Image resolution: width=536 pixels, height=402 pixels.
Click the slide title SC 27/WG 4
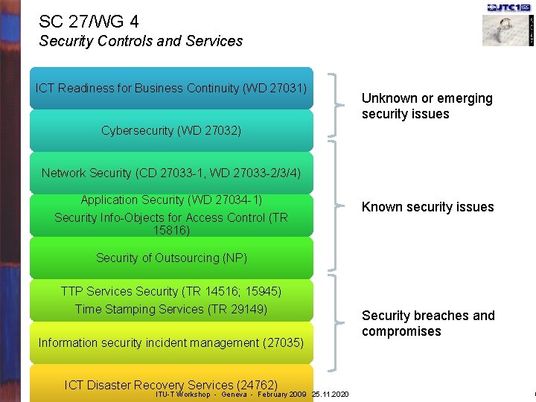tap(89, 22)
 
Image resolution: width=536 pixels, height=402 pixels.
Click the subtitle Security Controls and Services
tap(141, 41)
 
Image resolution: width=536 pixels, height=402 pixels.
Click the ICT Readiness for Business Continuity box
tap(171, 88)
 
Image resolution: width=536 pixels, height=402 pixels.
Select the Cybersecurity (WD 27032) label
tap(171, 131)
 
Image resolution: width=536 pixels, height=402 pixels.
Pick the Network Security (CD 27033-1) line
tap(171, 173)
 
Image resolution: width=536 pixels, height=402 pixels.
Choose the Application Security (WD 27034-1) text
tap(171, 200)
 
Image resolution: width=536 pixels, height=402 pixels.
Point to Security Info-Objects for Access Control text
tap(171, 217)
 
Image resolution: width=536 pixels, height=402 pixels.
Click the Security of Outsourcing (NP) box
tap(171, 258)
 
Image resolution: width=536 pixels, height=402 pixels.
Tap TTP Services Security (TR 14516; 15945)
tap(171, 291)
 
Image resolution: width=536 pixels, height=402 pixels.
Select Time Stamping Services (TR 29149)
tap(171, 309)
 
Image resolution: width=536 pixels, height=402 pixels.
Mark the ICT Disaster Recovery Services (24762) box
tap(171, 384)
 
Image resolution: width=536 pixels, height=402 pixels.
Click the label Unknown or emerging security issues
tap(427, 106)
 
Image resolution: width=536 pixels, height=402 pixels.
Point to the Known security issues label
tap(427, 207)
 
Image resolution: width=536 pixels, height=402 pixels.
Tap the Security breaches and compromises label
tap(428, 323)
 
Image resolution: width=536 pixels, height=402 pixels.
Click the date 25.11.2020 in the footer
tap(330, 394)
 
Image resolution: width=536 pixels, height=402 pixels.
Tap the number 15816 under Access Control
tap(171, 231)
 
